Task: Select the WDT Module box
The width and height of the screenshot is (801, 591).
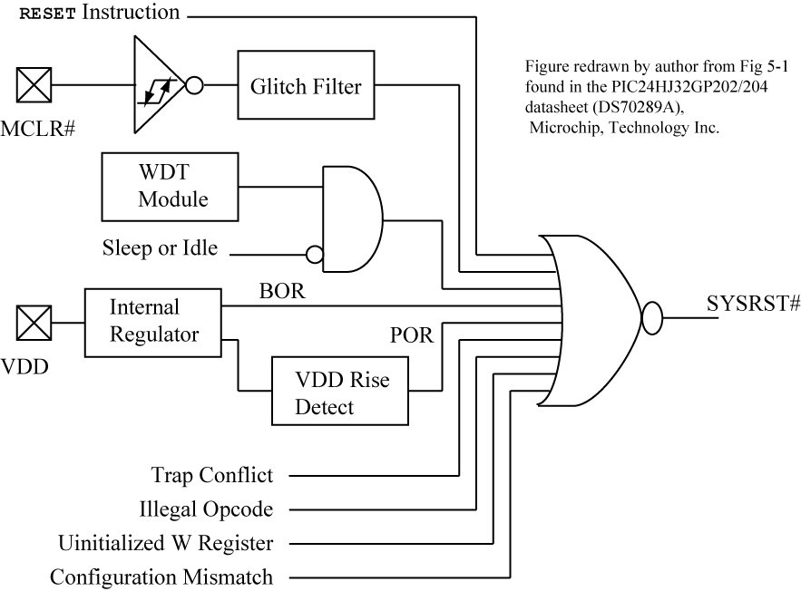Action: click(x=172, y=185)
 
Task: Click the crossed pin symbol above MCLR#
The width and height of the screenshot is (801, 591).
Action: click(x=34, y=86)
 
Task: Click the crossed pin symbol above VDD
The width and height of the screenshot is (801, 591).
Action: click(x=34, y=320)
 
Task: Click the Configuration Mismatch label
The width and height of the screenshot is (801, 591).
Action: click(x=161, y=577)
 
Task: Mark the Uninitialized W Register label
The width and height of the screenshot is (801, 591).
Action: click(x=165, y=543)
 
